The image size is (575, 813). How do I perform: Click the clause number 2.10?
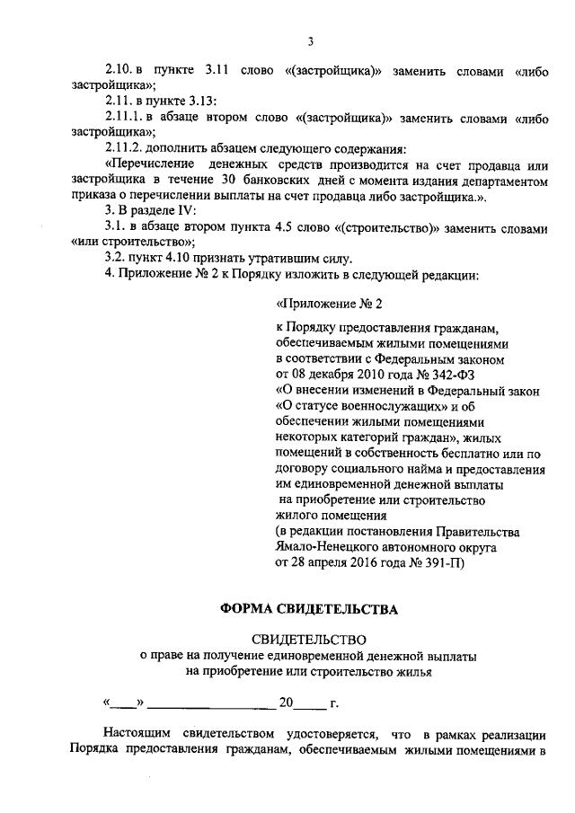click(118, 70)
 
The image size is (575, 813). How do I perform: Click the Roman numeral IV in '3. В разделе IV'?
click(200, 212)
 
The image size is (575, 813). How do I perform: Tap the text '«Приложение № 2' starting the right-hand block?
click(334, 305)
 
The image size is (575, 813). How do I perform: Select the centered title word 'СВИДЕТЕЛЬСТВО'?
click(309, 641)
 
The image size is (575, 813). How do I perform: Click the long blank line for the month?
click(211, 704)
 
